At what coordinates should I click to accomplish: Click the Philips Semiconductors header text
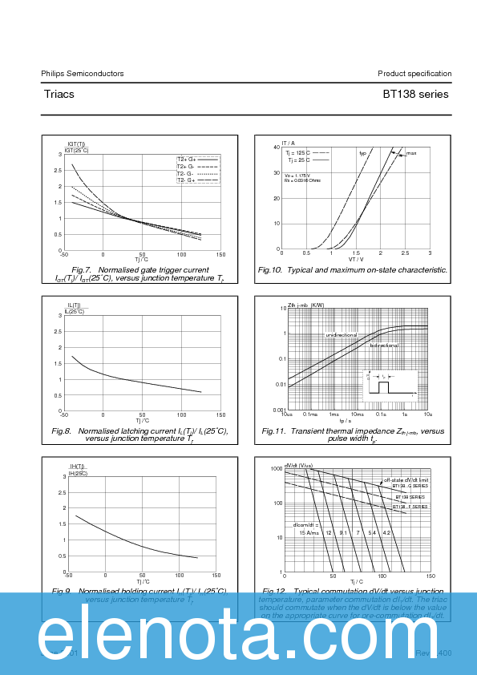click(x=83, y=74)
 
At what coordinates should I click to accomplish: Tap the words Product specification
click(x=414, y=74)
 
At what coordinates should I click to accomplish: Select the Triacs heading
click(x=59, y=95)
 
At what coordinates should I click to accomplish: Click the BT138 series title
click(x=415, y=95)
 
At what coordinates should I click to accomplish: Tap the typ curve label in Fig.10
click(x=362, y=153)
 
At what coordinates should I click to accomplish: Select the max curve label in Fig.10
click(x=410, y=153)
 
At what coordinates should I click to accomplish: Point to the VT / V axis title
click(x=356, y=259)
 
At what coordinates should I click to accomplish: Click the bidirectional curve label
click(x=384, y=346)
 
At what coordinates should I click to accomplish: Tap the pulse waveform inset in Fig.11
click(x=389, y=384)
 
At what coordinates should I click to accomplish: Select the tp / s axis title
click(x=346, y=421)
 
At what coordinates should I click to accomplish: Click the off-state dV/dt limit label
click(x=406, y=479)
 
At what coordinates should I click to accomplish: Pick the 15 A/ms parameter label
click(x=309, y=532)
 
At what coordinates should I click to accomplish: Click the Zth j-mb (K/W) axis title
click(x=306, y=305)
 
